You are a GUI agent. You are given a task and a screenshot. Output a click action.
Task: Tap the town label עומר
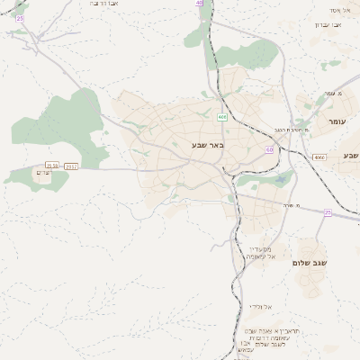point(337,121)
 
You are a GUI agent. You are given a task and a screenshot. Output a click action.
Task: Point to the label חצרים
point(41,171)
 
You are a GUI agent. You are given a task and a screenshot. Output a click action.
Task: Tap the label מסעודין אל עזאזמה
point(262,253)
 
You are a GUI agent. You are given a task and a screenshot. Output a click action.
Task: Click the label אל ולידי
point(261,307)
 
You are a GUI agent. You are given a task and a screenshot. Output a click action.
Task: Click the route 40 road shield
point(199,4)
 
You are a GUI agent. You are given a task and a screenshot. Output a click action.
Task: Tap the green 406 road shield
point(221,117)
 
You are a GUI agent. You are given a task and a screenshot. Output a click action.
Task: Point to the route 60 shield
point(269,149)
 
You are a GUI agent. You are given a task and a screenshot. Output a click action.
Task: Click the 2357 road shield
point(72,166)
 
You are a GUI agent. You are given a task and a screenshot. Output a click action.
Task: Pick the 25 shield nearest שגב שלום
point(328,212)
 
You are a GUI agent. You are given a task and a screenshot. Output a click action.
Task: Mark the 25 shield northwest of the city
point(20,18)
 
